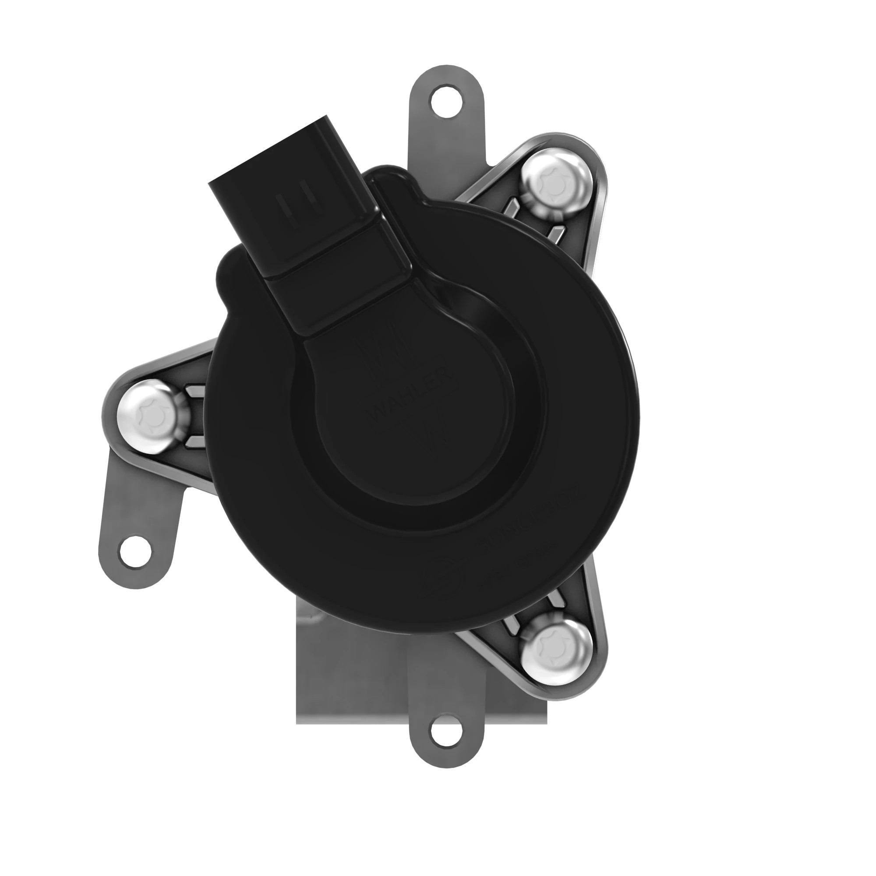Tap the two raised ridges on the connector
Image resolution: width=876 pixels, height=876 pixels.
click(299, 208)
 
